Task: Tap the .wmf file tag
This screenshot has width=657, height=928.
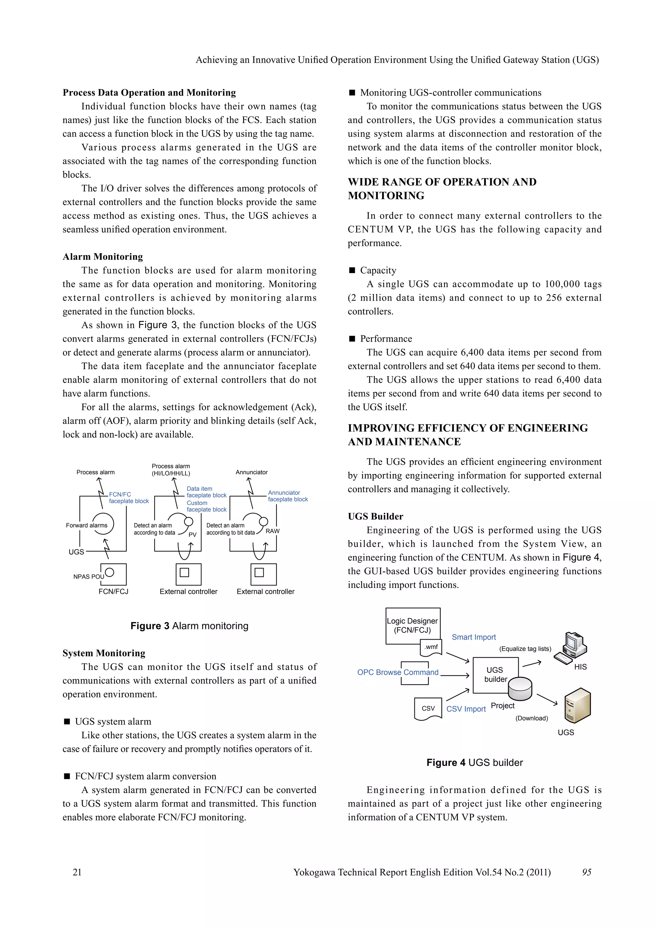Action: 431,647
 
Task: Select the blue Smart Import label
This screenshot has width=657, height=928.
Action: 473,637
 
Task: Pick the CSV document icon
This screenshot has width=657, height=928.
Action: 428,708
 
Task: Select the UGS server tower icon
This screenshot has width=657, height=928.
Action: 577,705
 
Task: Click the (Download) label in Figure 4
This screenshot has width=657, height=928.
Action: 532,718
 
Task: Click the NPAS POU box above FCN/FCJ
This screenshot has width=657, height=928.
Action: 113,574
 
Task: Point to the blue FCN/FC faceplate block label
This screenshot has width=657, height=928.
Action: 129,498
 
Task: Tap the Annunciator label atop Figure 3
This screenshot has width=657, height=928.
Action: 252,472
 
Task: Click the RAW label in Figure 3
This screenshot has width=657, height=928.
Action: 272,531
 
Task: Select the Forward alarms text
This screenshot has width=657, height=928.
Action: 87,526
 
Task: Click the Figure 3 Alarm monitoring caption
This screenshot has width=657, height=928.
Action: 189,626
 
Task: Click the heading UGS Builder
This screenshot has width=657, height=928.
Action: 375,517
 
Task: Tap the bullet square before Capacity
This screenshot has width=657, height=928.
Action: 352,270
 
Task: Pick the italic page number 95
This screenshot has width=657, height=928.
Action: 587,872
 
